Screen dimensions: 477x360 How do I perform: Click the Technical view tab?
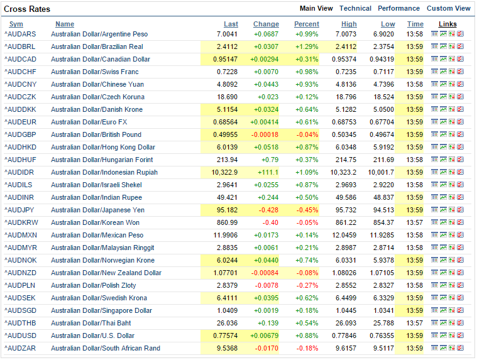click(355, 9)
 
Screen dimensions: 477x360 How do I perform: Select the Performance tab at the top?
click(398, 9)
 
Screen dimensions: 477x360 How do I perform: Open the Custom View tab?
click(448, 9)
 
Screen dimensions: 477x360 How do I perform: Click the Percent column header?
click(307, 24)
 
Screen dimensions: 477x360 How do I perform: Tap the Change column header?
click(266, 24)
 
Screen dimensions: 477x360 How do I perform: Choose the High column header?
click(349, 24)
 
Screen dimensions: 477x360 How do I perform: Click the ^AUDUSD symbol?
click(20, 335)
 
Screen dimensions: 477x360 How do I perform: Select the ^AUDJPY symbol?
click(19, 210)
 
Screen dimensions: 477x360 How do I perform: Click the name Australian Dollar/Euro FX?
click(89, 123)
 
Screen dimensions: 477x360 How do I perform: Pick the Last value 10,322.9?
click(224, 172)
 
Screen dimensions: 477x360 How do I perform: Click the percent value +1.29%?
click(307, 47)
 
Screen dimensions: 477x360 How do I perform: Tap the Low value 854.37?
click(383, 222)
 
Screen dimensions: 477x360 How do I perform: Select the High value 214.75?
click(346, 160)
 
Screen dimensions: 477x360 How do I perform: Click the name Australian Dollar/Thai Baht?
click(91, 323)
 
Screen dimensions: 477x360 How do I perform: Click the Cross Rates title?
click(27, 9)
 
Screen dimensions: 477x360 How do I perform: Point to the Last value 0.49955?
click(226, 134)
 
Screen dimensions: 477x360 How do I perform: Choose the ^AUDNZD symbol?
click(20, 273)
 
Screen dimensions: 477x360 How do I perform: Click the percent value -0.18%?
click(307, 349)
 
